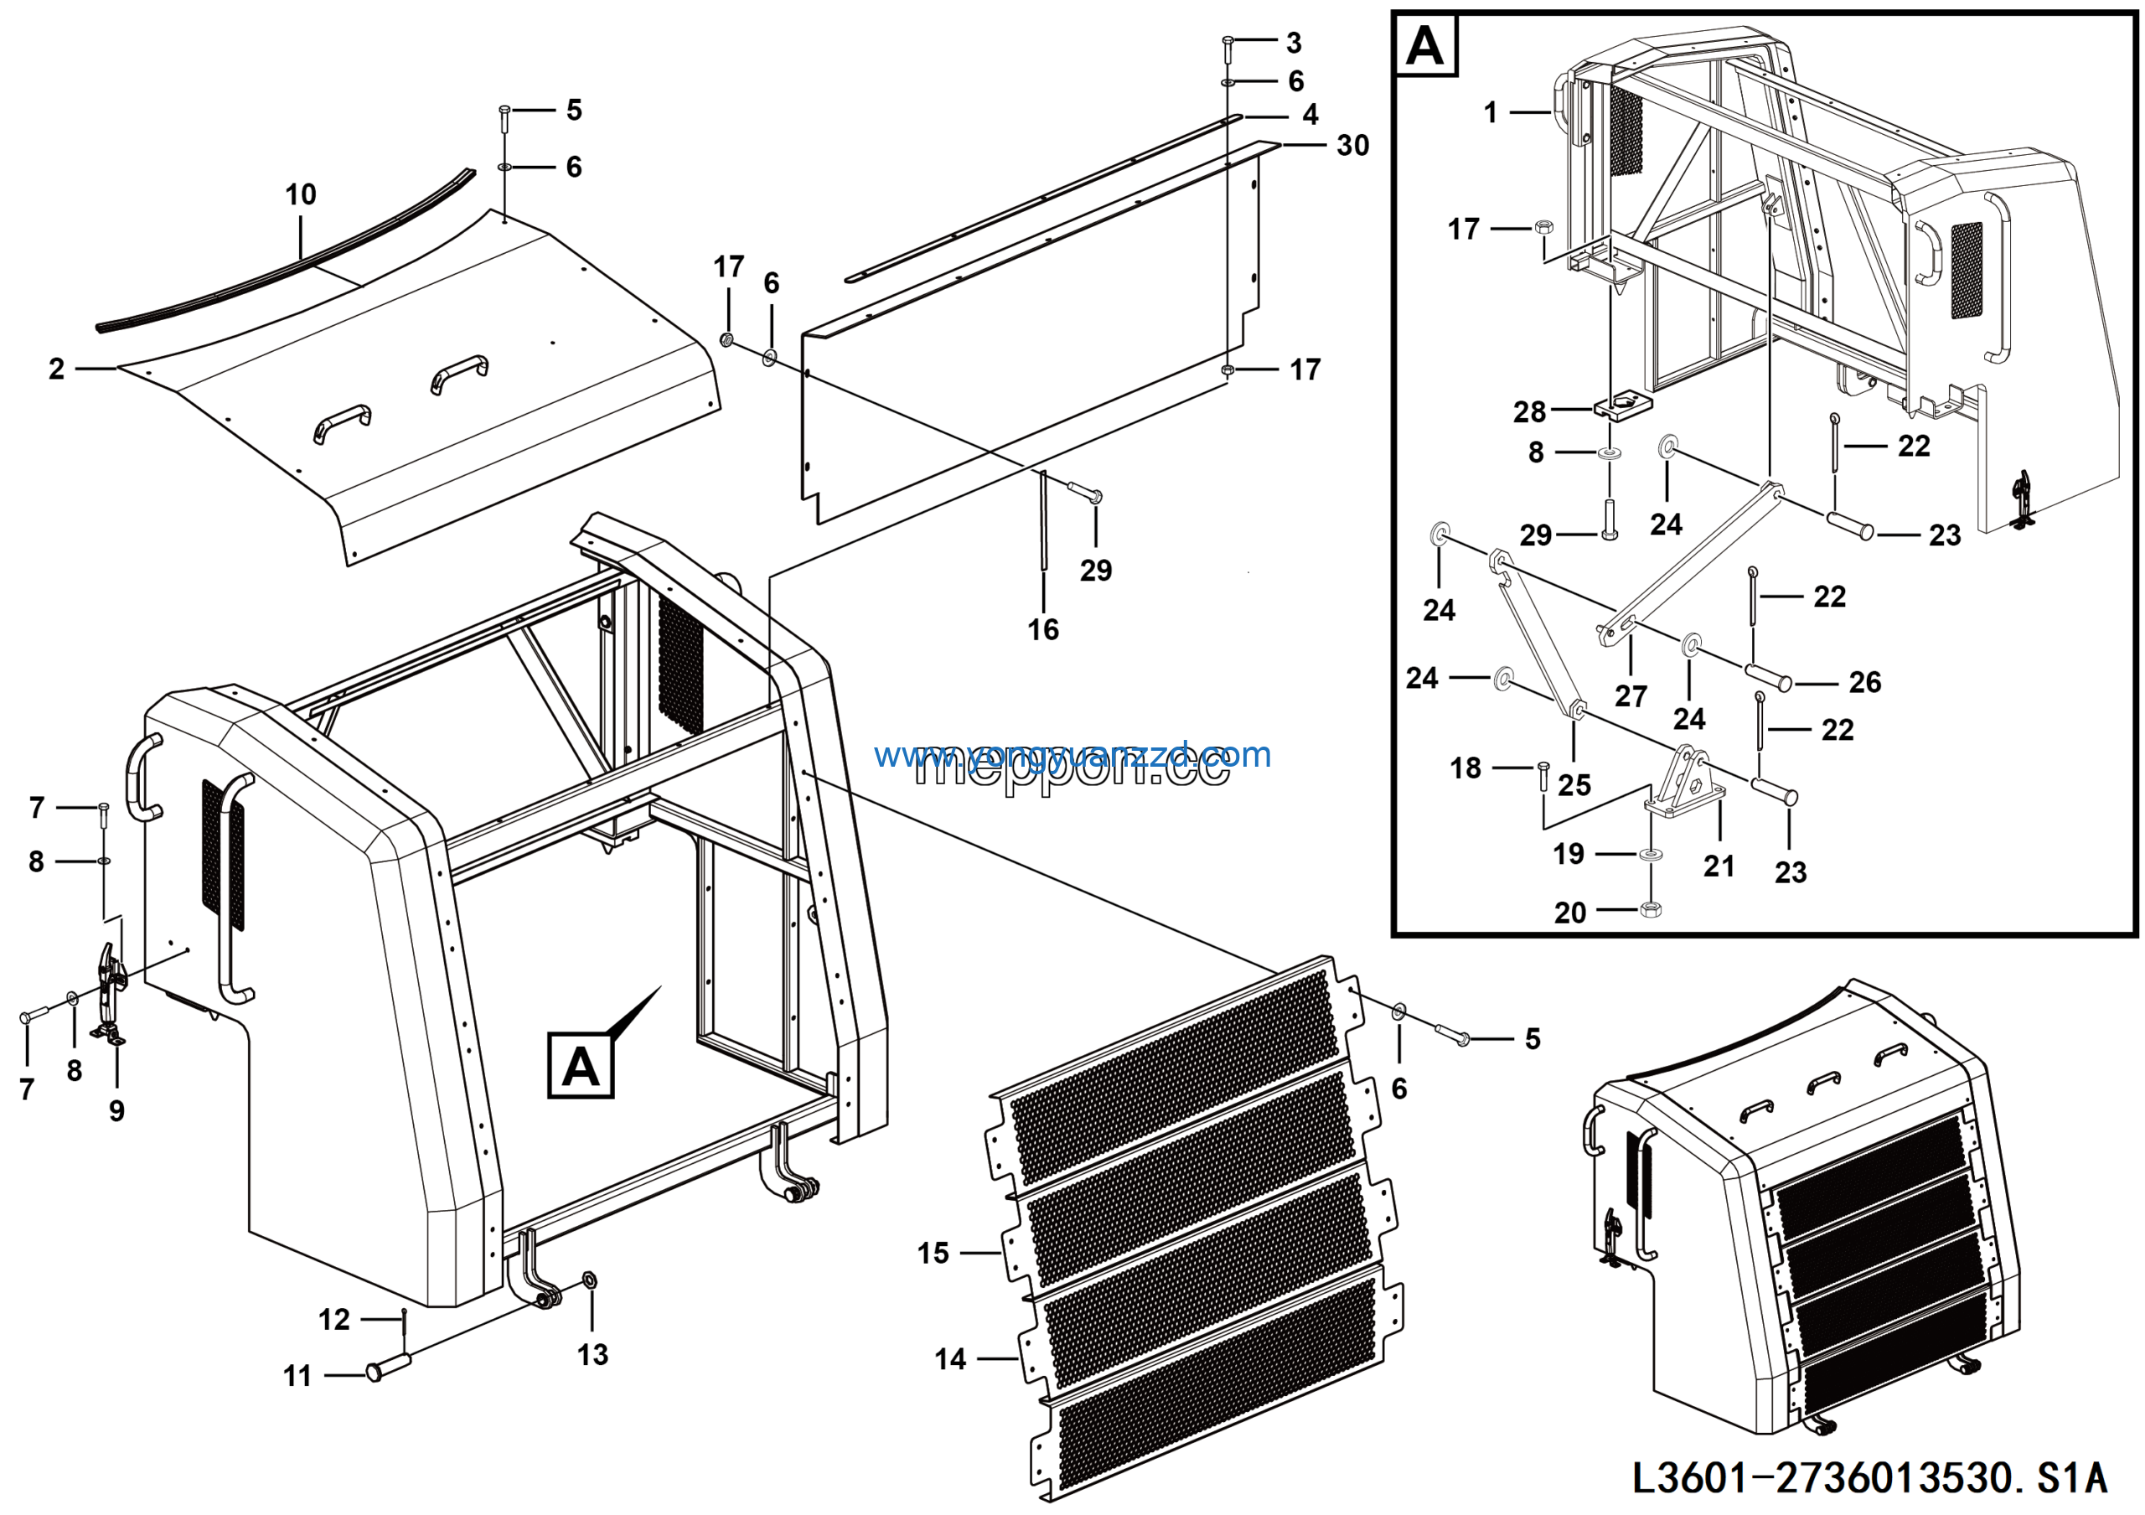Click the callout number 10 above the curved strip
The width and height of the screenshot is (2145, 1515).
[x=300, y=195]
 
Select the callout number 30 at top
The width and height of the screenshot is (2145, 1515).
[x=1352, y=146]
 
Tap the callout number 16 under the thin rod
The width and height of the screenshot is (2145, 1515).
[x=1042, y=629]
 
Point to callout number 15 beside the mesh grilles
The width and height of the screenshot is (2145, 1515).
[x=933, y=1254]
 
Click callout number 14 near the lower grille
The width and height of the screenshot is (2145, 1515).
[x=950, y=1359]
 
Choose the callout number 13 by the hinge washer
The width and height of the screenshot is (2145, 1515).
[x=592, y=1354]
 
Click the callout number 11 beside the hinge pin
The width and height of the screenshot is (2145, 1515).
[x=297, y=1376]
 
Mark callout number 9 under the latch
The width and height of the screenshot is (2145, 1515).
[x=116, y=1110]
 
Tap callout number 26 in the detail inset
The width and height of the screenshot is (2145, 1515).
[x=1865, y=682]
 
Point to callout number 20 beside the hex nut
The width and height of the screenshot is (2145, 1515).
[x=1569, y=913]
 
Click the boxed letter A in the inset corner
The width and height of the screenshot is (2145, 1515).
[x=1424, y=45]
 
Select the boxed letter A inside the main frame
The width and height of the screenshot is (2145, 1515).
[x=580, y=1066]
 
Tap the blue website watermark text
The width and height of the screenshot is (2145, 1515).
[x=1072, y=754]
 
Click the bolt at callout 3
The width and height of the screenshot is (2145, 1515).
[x=1228, y=42]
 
